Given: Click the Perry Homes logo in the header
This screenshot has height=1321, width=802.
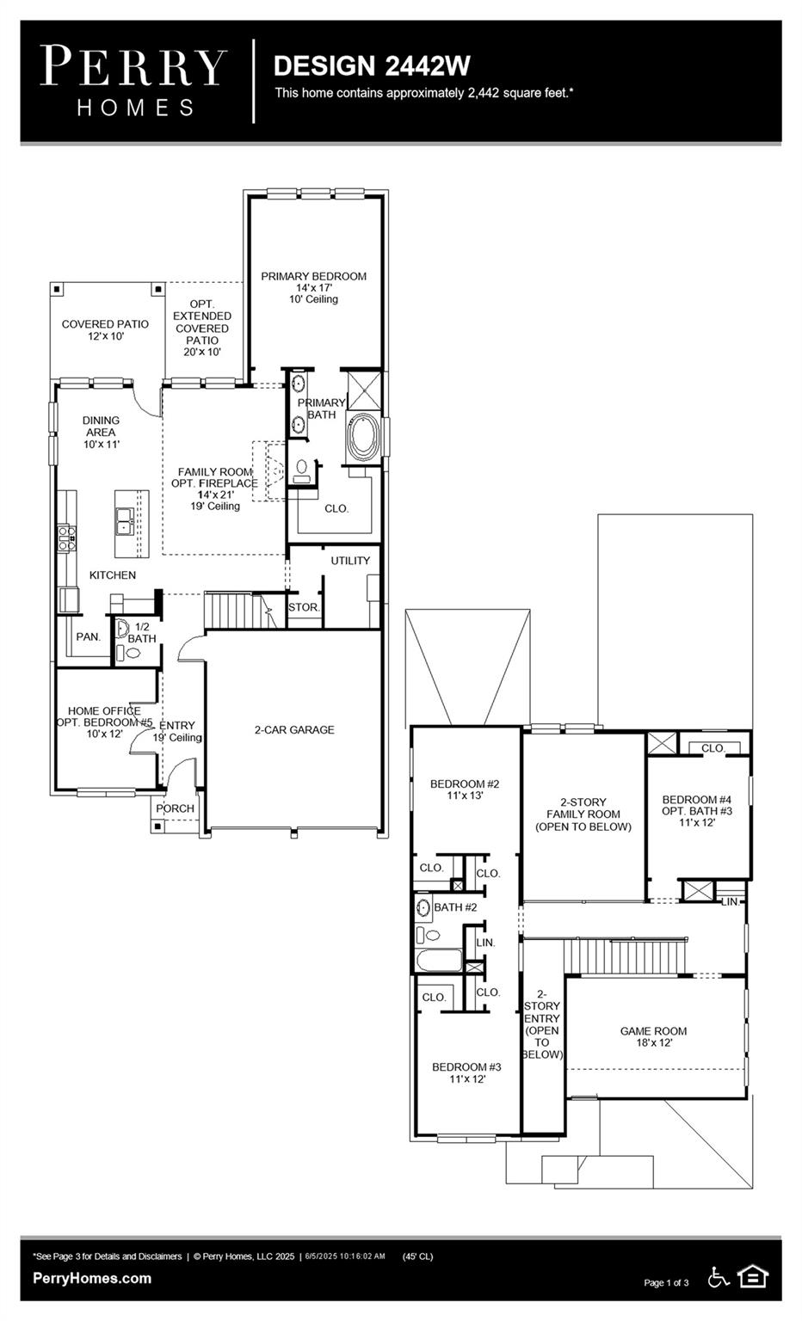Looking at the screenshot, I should [x=134, y=80].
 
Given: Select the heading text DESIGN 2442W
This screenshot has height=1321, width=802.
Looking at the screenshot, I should [x=372, y=65].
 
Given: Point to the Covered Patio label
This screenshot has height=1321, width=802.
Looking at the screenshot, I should [x=105, y=329].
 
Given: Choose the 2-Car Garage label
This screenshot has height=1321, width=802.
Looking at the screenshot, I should [x=294, y=729].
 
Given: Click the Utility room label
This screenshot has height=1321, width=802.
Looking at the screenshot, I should [x=350, y=561].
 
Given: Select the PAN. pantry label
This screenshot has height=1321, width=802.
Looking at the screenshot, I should [x=88, y=637].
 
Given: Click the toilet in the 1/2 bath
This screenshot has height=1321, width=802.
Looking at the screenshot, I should [x=133, y=654].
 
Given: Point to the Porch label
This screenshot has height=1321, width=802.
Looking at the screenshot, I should [x=175, y=808].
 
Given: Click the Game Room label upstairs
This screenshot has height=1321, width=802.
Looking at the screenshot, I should [x=653, y=1036].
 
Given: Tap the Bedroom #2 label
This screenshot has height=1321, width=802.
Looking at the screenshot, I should [x=465, y=790].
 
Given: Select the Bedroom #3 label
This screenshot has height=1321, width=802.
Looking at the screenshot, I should [x=466, y=1072].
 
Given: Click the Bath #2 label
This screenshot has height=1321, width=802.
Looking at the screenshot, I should [x=455, y=907].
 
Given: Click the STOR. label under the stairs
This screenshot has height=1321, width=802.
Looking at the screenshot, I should [x=304, y=607].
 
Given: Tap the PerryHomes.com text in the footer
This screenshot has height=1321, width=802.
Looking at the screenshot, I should [x=92, y=1278].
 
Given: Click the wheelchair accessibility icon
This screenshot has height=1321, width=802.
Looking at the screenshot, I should [x=719, y=1277].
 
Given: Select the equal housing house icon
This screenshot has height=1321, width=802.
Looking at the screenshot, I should [x=753, y=1277].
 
